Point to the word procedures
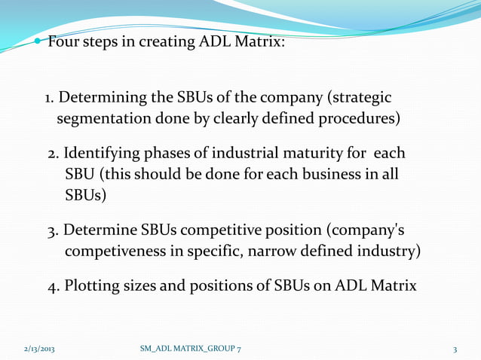[358, 119]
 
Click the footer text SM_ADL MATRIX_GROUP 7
[191, 349]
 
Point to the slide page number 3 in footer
[455, 349]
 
